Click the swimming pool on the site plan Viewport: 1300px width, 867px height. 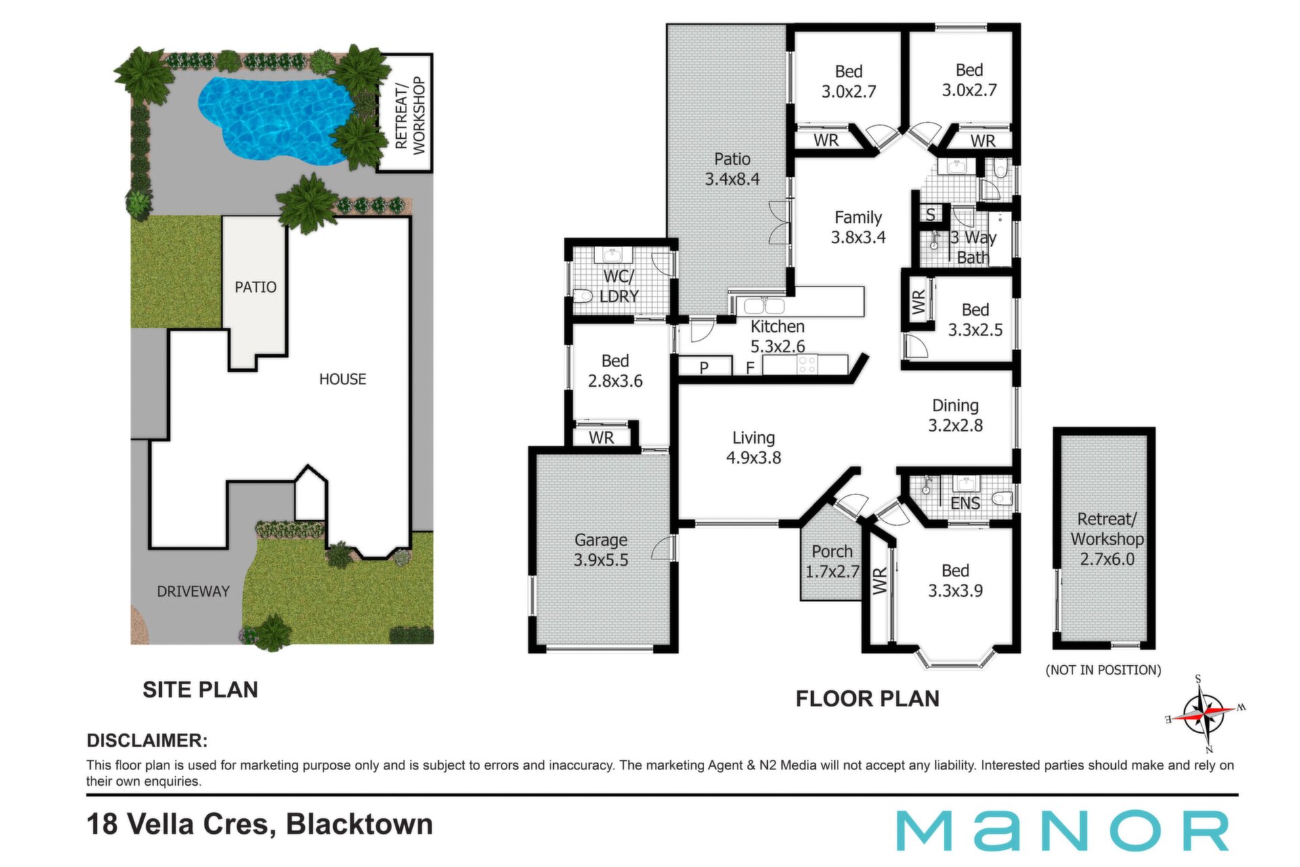274,119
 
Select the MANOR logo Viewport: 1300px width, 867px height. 1063,830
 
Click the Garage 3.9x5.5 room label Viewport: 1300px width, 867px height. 601,550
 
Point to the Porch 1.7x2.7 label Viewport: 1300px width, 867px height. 832,562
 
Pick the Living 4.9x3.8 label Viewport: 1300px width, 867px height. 754,448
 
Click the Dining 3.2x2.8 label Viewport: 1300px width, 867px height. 955,415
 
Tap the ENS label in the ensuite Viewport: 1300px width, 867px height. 965,503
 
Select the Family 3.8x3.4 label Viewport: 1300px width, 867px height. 858,227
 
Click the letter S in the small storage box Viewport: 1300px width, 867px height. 930,215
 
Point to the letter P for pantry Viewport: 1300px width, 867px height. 704,368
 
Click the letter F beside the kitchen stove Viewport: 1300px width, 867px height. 750,368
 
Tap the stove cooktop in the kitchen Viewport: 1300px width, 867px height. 807,364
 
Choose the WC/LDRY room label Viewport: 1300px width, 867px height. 619,286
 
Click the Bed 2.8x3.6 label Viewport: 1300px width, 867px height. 615,371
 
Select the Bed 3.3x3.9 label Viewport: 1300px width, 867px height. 955,580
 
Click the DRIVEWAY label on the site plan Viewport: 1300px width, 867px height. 193,591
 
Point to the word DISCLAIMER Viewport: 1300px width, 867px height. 147,740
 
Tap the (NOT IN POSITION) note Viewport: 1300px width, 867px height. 1104,670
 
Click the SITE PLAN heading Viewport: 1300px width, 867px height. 200,690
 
